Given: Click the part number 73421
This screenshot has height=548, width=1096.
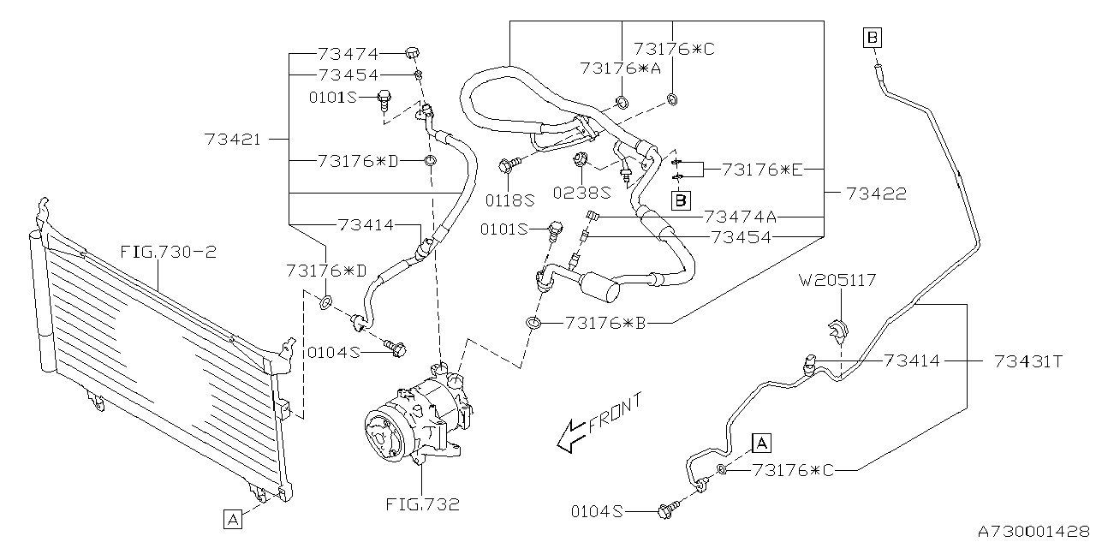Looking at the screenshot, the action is click(x=233, y=140).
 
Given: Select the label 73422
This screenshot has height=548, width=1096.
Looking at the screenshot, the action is click(x=876, y=194).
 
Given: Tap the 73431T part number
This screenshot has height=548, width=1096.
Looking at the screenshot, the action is click(x=1028, y=361).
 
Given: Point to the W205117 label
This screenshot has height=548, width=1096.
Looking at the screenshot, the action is click(x=837, y=280).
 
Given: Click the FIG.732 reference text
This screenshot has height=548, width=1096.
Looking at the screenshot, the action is click(x=422, y=504).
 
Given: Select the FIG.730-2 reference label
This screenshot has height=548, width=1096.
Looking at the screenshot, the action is click(x=169, y=253).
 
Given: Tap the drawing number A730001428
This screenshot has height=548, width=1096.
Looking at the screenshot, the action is click(x=1033, y=532).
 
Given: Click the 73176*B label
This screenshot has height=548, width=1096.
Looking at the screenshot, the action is click(x=605, y=324).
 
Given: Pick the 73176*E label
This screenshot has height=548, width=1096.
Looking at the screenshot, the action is click(x=762, y=170).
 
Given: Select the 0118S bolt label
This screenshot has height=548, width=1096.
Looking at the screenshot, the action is click(x=509, y=200).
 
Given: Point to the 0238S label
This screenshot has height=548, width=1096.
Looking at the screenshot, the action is click(x=581, y=193).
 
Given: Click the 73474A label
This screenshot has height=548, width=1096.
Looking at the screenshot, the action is click(x=740, y=217).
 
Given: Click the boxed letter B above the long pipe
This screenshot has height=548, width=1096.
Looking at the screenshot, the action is click(x=873, y=38).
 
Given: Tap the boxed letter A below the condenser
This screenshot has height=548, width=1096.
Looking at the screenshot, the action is click(x=233, y=519).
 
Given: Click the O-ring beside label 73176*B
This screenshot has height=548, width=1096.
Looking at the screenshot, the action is click(x=533, y=323).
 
